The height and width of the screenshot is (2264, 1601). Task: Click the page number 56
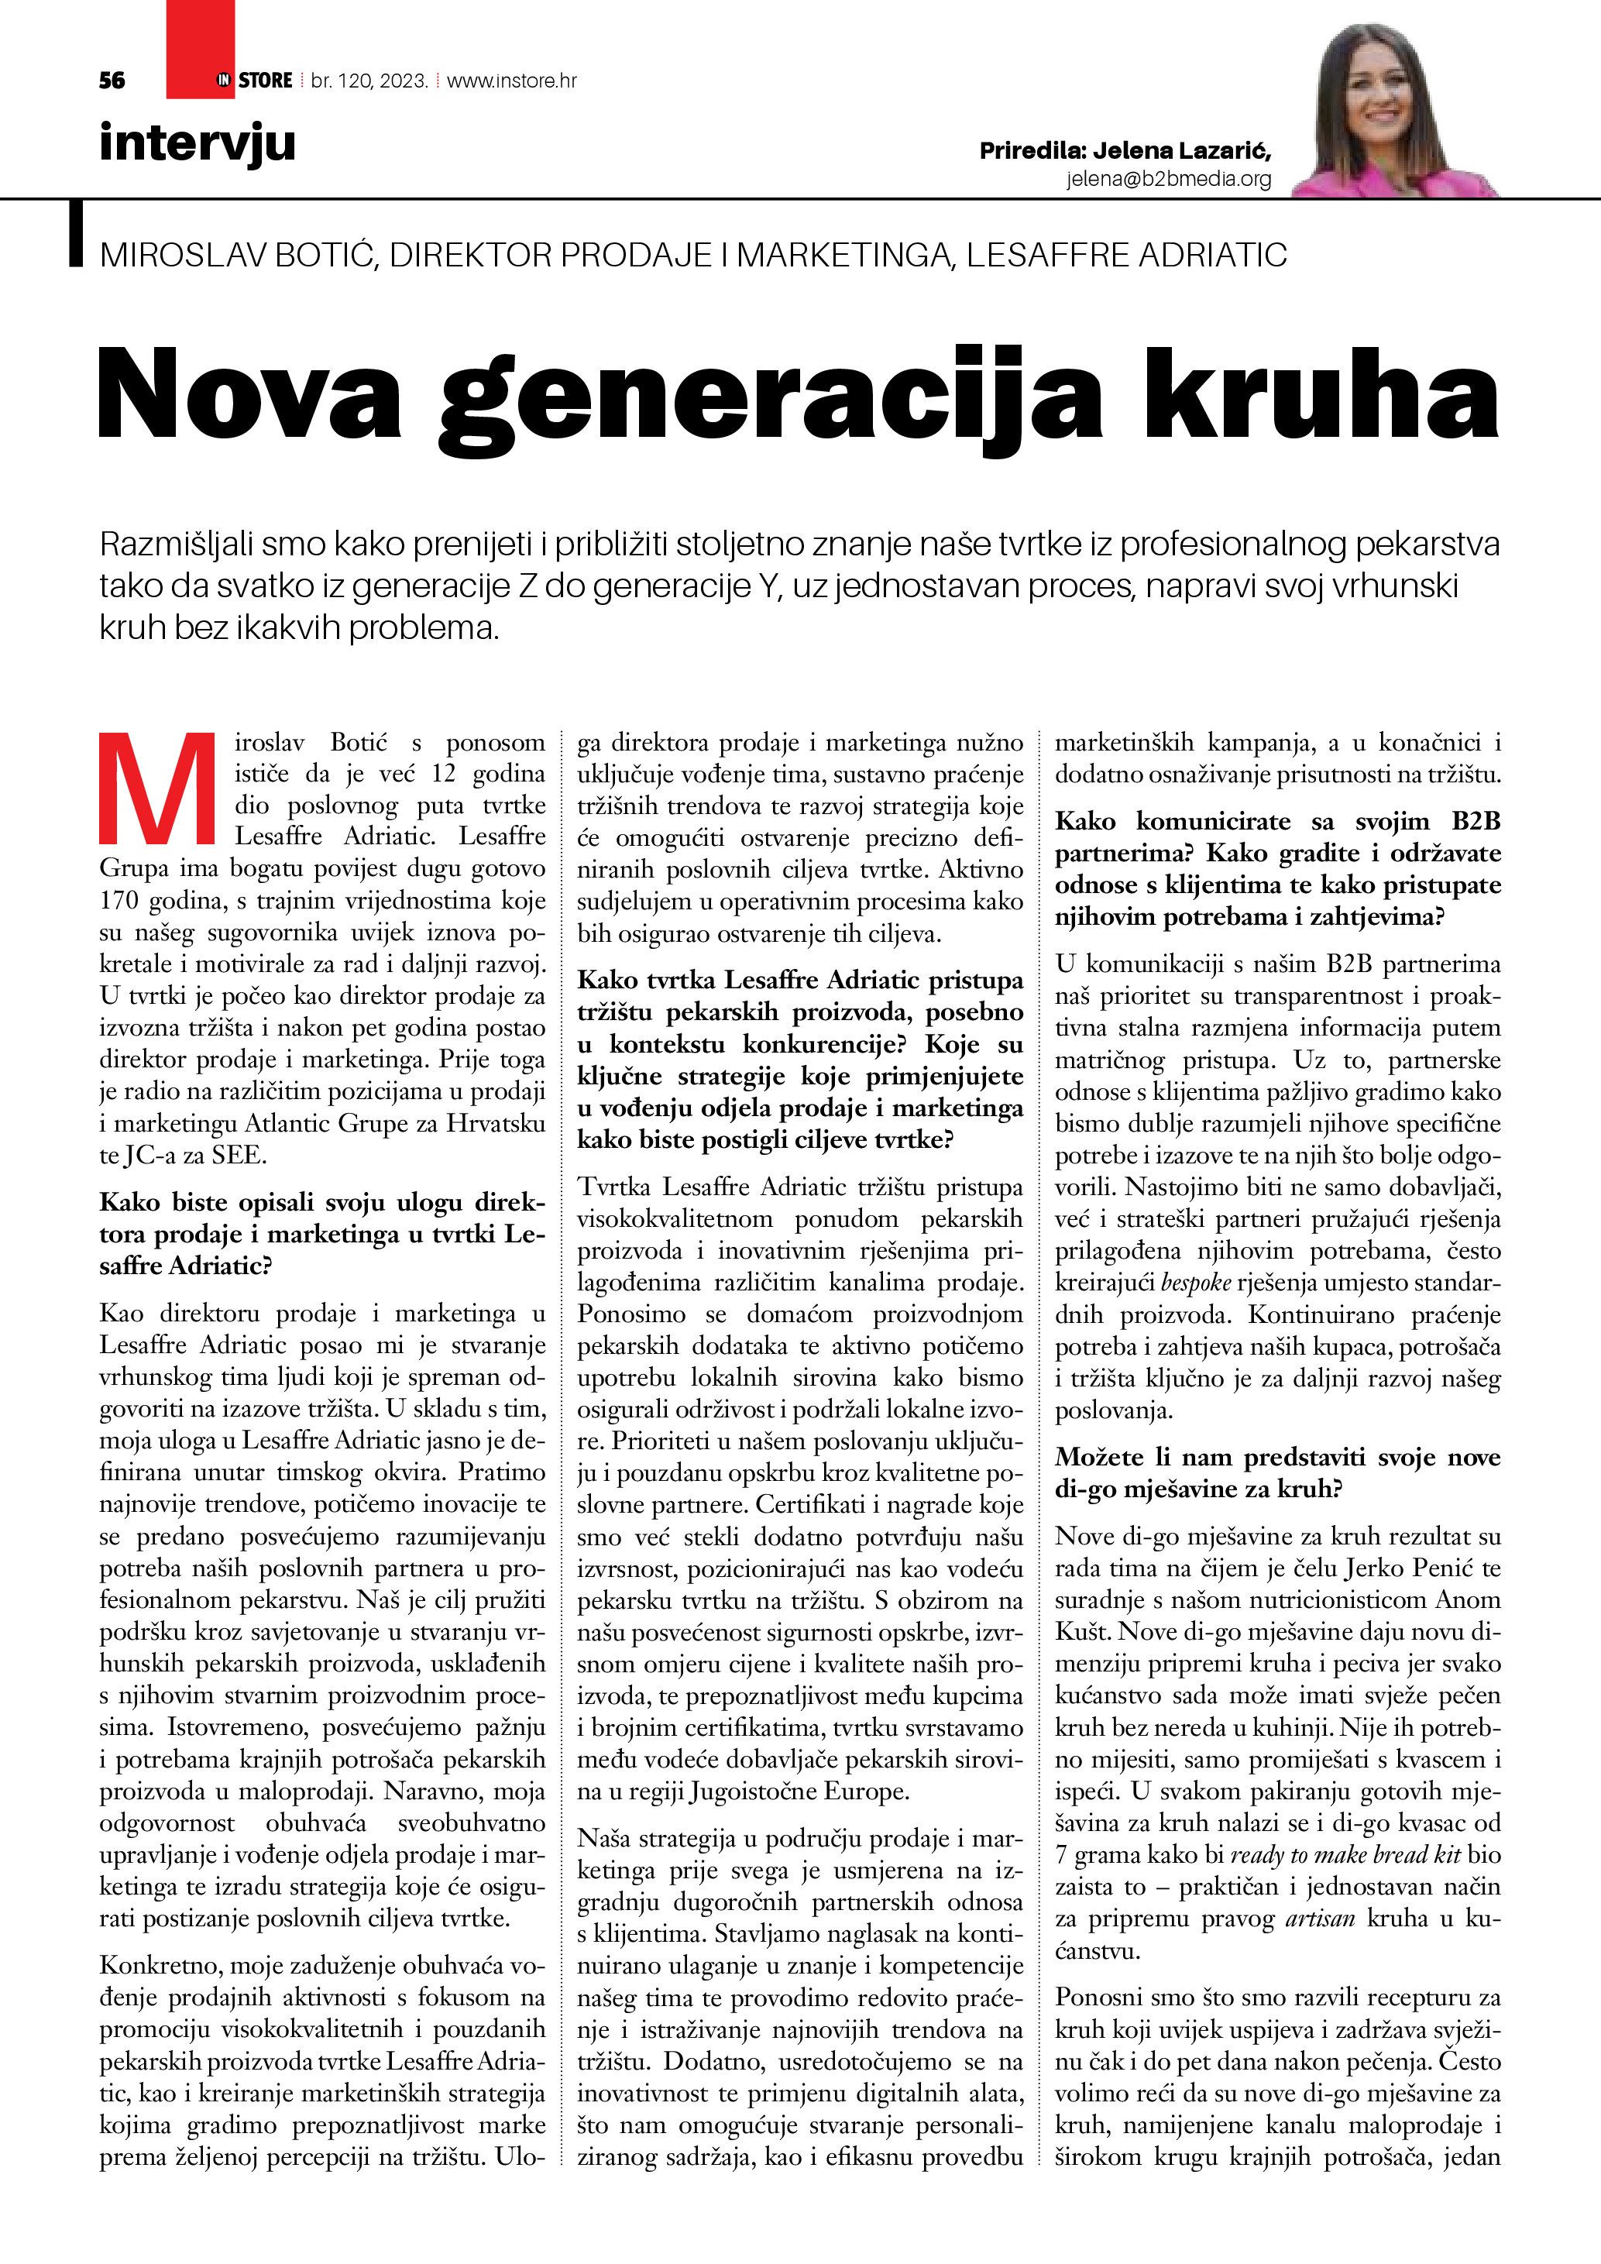click(x=112, y=81)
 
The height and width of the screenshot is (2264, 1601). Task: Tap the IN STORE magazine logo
click(x=254, y=81)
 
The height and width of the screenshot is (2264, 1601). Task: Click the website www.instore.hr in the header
click(x=512, y=81)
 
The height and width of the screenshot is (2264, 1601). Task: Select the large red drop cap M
click(x=158, y=788)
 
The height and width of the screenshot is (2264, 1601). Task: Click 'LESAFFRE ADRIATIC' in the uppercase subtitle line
click(x=1126, y=256)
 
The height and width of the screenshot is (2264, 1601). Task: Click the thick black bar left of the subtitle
click(x=76, y=234)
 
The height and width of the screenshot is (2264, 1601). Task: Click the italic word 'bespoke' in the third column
click(x=1197, y=1283)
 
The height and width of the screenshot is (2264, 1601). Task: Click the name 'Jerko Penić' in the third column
click(x=1408, y=1568)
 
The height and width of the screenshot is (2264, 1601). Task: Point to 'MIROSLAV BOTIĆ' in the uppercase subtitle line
click(x=236, y=256)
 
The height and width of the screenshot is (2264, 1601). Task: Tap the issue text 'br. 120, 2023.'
click(x=369, y=81)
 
